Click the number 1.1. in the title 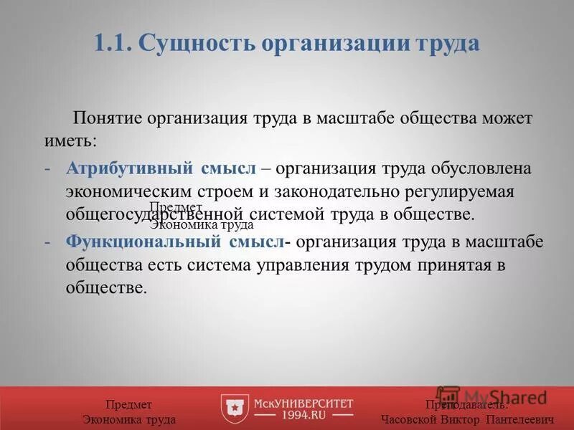tap(113, 43)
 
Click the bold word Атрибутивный tap(129, 170)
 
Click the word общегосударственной tap(156, 215)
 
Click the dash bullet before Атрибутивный tap(47, 170)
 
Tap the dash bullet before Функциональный tap(47, 242)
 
